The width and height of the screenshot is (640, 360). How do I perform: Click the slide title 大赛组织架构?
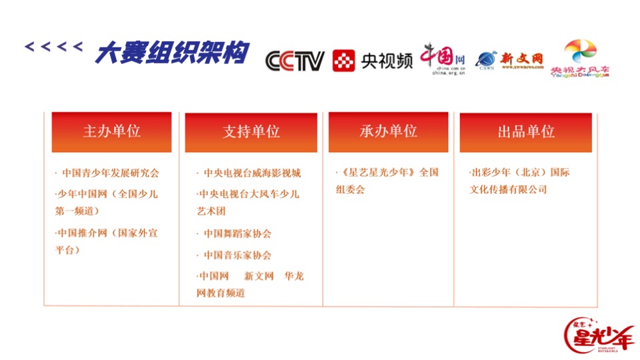pyautogui.click(x=171, y=53)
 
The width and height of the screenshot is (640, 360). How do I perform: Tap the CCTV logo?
pyautogui.click(x=295, y=61)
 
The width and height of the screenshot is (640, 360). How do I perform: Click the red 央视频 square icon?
pyautogui.click(x=343, y=61)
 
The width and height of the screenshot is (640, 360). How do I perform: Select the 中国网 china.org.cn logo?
pyautogui.click(x=442, y=59)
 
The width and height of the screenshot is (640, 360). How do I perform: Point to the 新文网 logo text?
pyautogui.click(x=521, y=59)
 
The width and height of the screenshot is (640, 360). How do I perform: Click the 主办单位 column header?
pyautogui.click(x=111, y=131)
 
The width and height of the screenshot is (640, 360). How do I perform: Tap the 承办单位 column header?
pyautogui.click(x=388, y=131)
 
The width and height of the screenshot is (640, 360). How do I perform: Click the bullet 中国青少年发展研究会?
pyautogui.click(x=110, y=173)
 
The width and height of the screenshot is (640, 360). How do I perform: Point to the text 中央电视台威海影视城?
pyautogui.click(x=252, y=173)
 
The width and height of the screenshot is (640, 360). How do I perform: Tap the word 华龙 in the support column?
pyautogui.click(x=293, y=276)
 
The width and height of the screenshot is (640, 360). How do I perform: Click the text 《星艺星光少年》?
pyautogui.click(x=378, y=173)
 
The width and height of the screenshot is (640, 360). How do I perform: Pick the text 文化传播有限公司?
pyautogui.click(x=508, y=190)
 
